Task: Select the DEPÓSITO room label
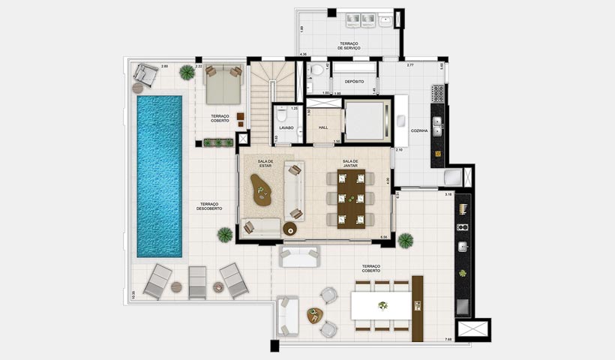tap(354, 81)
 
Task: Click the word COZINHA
tap(420, 131)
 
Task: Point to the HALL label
tap(323, 127)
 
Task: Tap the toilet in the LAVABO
tap(280, 115)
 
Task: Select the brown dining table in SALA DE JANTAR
tap(351, 199)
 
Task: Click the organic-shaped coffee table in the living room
tap(262, 190)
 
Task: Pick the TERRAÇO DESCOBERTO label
tap(209, 206)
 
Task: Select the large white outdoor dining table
tap(381, 305)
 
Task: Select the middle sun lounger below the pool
tap(197, 282)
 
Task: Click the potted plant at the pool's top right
tap(187, 73)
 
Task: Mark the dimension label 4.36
tap(303, 55)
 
